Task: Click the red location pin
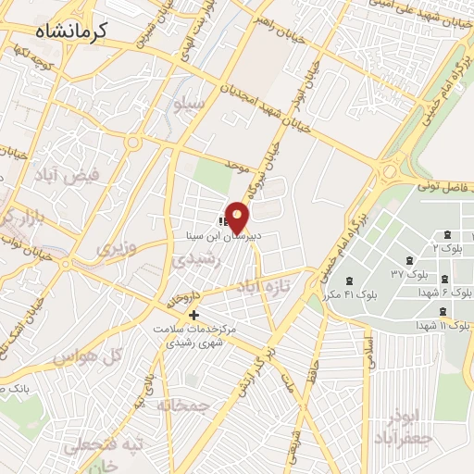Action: click(237, 217)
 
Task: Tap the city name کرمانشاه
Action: click(72, 31)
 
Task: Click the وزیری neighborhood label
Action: click(117, 247)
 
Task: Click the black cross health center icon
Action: click(193, 317)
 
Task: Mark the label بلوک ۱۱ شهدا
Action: click(443, 327)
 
